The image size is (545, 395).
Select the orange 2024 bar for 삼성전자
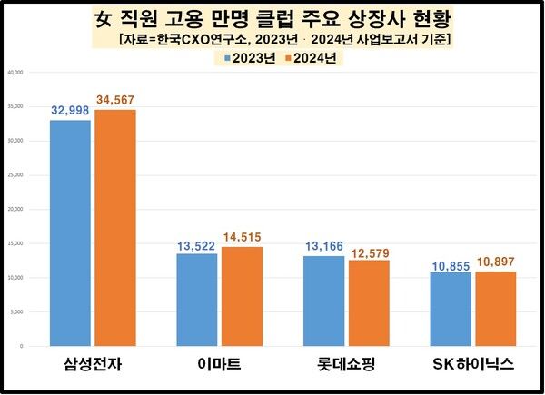pyautogui.click(x=115, y=228)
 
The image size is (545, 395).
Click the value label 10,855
pyautogui.click(x=451, y=262)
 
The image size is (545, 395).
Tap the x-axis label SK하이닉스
pyautogui.click(x=473, y=366)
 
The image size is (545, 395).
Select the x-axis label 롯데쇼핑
pyautogui.click(x=347, y=366)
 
